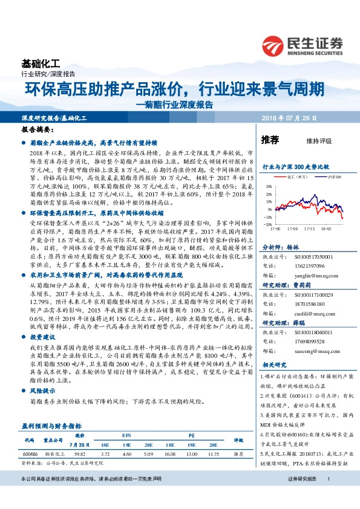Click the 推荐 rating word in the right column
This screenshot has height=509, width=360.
tap(270, 140)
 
